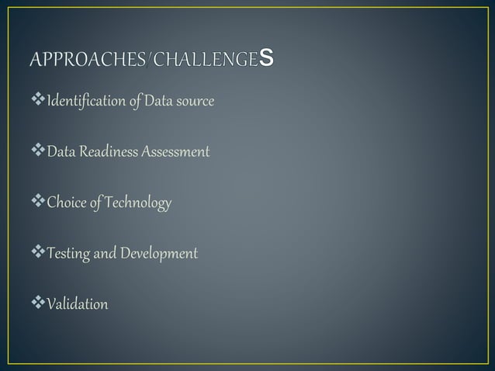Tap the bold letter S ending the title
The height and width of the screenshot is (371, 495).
click(x=267, y=58)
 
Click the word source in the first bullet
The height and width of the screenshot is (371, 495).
click(x=194, y=102)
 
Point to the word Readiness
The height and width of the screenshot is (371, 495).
click(x=103, y=152)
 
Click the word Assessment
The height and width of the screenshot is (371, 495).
click(x=175, y=152)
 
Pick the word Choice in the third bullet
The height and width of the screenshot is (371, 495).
click(x=66, y=203)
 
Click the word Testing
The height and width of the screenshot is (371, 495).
click(x=68, y=254)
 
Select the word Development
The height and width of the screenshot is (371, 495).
click(x=158, y=254)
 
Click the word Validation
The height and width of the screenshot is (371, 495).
click(x=77, y=304)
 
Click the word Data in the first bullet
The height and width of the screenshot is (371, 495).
click(x=155, y=102)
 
